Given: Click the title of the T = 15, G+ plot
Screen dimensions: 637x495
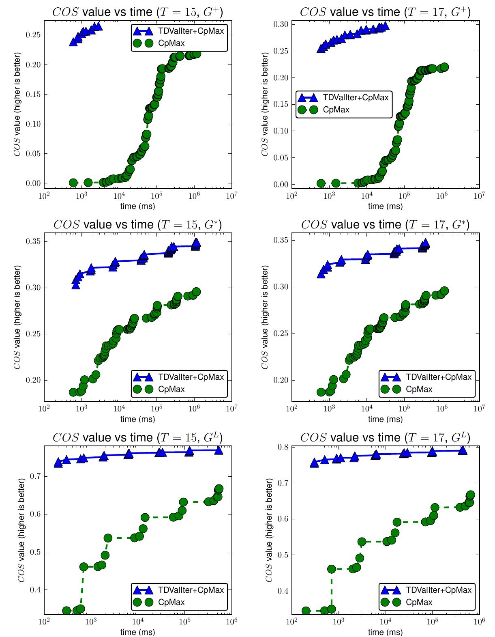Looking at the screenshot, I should coord(137,12).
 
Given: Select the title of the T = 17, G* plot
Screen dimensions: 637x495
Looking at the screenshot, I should coord(385,224).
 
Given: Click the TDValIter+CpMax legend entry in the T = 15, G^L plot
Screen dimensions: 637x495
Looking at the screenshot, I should coord(191,590).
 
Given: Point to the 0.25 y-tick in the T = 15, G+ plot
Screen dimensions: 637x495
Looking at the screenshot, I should coord(33,35).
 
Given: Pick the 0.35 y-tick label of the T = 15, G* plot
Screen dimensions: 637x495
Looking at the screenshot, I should coord(33,241).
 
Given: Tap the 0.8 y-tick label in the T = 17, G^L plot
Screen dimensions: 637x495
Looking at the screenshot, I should coord(283,447).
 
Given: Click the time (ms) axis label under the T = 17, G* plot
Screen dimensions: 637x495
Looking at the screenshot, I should coord(385,419).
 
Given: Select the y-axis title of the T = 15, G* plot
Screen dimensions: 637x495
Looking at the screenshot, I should coord(17,317).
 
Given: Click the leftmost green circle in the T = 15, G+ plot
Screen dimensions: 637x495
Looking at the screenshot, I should coord(73,183).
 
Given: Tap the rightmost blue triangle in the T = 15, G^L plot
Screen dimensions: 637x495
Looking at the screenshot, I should coord(219,450).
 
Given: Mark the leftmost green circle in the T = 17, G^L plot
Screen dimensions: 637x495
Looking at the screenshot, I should coord(306,611).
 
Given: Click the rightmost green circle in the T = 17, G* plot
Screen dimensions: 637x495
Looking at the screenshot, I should coord(444,291).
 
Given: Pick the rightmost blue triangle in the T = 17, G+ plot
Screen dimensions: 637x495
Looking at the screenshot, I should coord(385,26).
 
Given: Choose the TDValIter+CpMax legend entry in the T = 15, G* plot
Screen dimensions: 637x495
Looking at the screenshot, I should coord(191,377).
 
